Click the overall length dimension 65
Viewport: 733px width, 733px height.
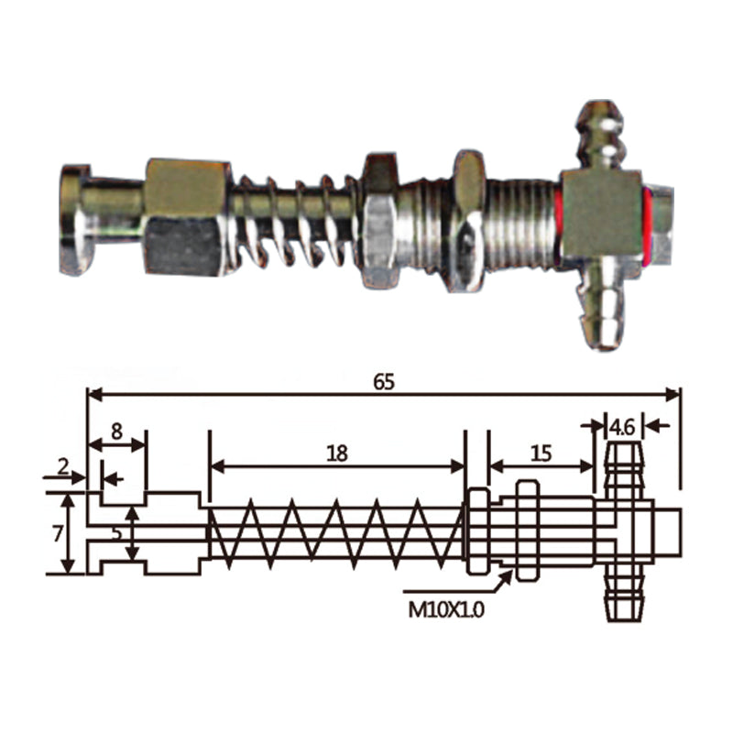click(384, 382)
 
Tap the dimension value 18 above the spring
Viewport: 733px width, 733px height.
click(337, 454)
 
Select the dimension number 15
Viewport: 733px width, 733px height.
click(542, 454)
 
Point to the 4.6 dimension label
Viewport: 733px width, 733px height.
click(623, 427)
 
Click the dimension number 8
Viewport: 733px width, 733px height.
click(116, 431)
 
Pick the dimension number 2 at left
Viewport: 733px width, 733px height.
click(63, 466)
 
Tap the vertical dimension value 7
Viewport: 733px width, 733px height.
click(58, 533)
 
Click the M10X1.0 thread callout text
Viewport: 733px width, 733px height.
click(446, 609)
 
